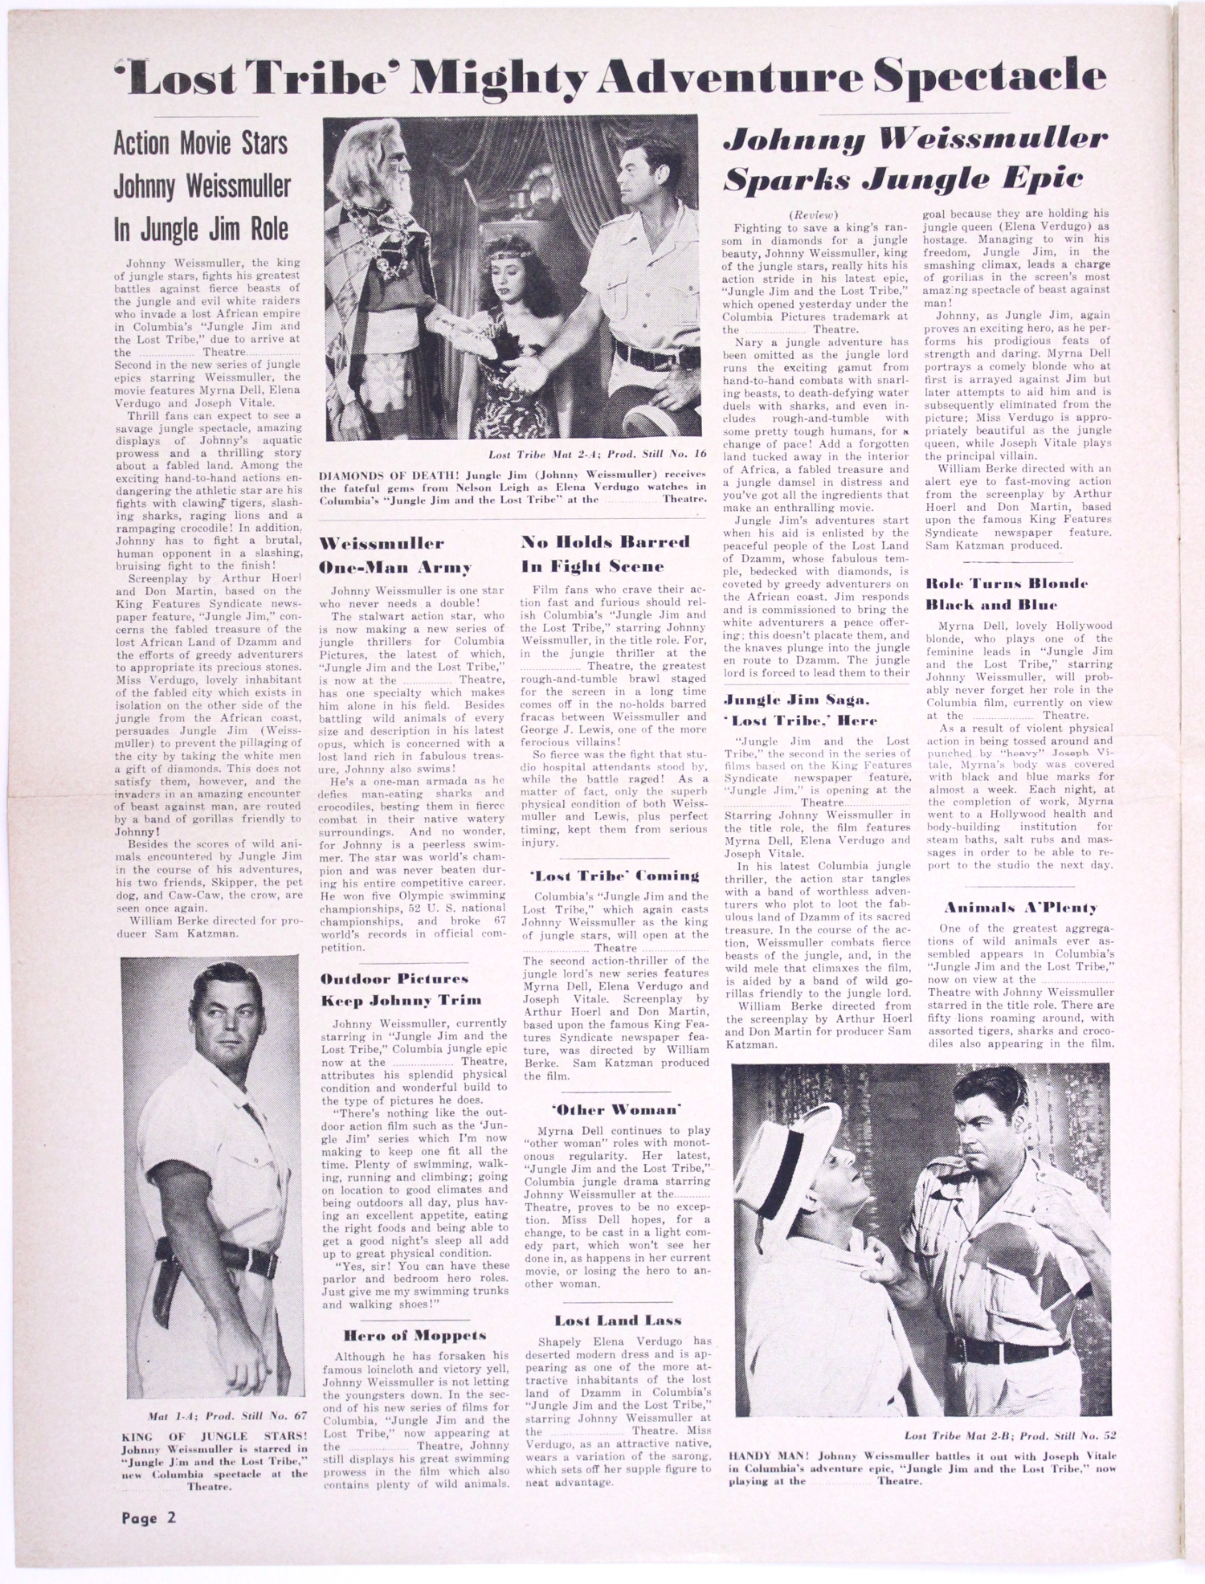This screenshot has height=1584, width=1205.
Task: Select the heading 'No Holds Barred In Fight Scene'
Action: [605, 553]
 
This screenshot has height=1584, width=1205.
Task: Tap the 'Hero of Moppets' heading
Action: [415, 1335]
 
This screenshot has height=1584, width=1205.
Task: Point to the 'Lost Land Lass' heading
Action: [617, 1320]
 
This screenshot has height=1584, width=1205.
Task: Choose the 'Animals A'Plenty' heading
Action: [1020, 908]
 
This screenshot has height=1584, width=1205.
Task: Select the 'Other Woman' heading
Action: [617, 1109]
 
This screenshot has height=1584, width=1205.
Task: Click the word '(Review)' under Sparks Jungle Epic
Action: [813, 214]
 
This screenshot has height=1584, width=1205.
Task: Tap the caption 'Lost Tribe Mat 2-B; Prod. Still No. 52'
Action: [1010, 1435]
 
